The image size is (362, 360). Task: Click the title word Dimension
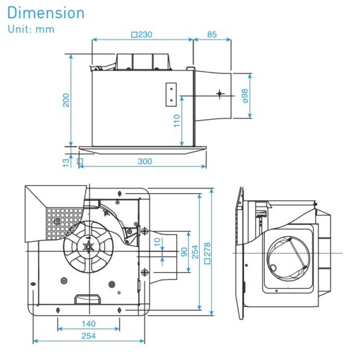tap(46, 13)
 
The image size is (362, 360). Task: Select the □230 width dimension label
tap(142, 34)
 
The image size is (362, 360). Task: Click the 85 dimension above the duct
tap(212, 34)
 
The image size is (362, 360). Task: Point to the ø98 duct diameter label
tap(245, 95)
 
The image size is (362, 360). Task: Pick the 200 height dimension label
tap(66, 99)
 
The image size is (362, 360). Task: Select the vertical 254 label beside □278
tap(195, 251)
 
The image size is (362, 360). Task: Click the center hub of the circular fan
tap(87, 245)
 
